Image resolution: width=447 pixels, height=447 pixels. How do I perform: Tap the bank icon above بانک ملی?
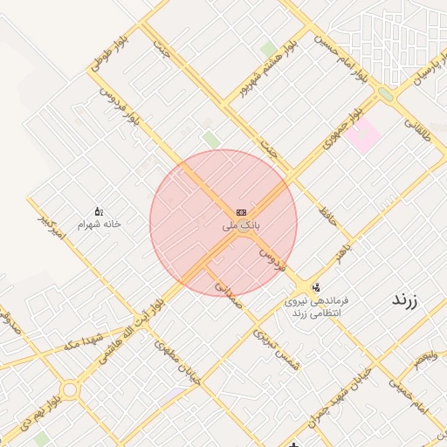(x=241, y=213)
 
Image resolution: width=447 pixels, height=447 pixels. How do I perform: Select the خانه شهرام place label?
(x=99, y=224)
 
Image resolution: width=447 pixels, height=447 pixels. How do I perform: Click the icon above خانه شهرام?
(x=99, y=211)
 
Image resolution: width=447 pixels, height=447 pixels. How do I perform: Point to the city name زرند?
(x=404, y=299)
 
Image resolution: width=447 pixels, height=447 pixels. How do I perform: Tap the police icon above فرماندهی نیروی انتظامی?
(x=315, y=286)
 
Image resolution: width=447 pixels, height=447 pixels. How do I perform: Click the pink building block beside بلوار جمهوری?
(x=363, y=136)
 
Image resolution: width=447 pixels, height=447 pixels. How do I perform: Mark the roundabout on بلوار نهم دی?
(x=68, y=389)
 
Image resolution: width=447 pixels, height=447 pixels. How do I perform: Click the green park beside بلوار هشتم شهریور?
(x=268, y=49)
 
